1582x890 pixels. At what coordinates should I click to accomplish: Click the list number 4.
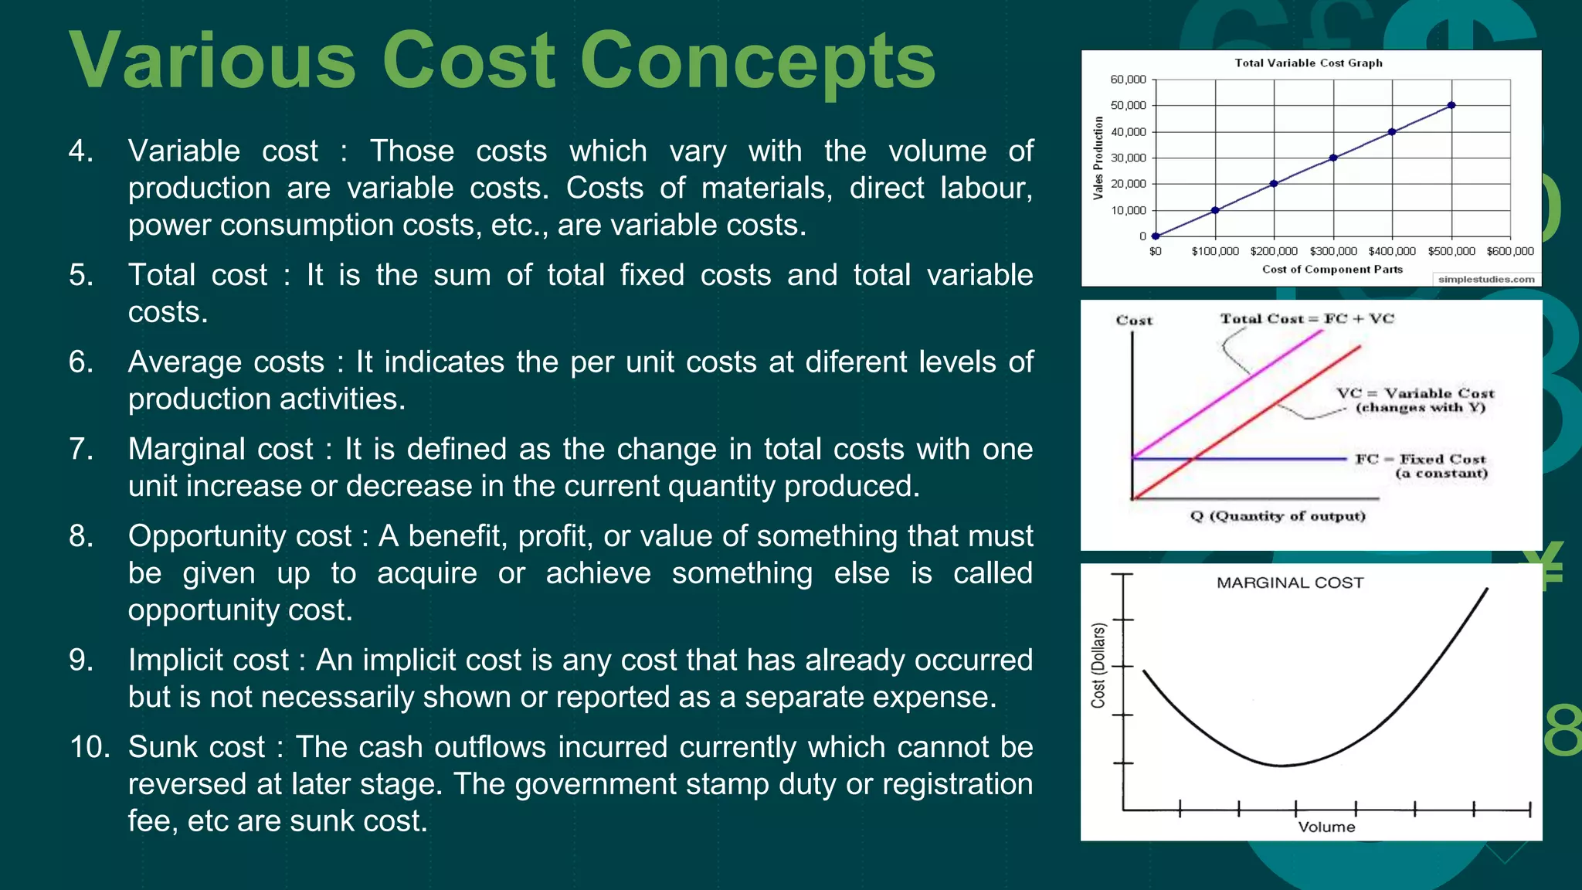click(x=80, y=151)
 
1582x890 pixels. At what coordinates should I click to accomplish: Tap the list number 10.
click(x=90, y=747)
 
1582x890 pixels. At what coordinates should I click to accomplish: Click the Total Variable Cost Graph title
click(x=1308, y=63)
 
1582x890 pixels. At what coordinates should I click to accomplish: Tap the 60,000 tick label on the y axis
click(x=1128, y=80)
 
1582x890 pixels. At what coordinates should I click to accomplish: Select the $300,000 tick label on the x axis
click(x=1333, y=251)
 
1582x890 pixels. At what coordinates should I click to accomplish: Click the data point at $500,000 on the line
click(x=1451, y=105)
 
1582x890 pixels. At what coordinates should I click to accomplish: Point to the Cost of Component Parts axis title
click(x=1332, y=269)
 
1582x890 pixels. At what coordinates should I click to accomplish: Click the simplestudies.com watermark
click(x=1485, y=279)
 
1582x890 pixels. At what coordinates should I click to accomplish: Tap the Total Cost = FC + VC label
click(x=1307, y=318)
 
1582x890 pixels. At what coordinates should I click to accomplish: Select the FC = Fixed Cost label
click(x=1421, y=459)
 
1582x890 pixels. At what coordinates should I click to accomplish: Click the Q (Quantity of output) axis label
click(x=1278, y=516)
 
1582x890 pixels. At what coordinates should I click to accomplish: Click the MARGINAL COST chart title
click(x=1290, y=583)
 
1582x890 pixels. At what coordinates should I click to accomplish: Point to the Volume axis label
click(x=1326, y=827)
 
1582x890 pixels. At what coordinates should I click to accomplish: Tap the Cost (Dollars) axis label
click(x=1098, y=666)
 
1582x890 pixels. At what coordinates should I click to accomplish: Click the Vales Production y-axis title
click(x=1098, y=158)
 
